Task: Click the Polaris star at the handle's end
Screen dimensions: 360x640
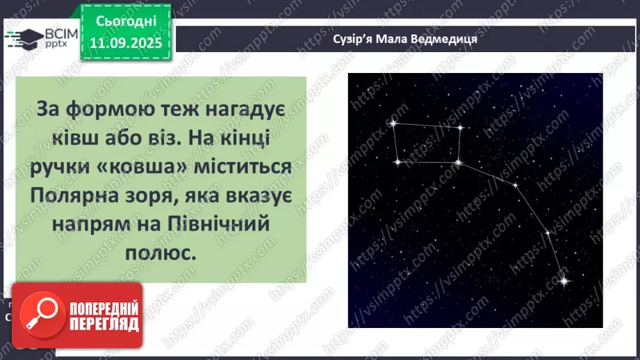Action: coord(562,281)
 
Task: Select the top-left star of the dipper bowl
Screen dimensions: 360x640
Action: coord(393,124)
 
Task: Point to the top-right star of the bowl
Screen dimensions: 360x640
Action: coord(460,128)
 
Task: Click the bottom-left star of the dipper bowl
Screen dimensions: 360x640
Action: coord(397,162)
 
